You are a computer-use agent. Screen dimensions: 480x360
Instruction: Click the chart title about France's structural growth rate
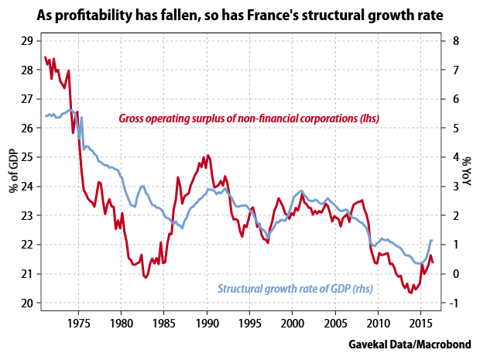click(x=240, y=15)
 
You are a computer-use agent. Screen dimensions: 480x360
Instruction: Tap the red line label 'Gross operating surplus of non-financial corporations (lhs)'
click(x=249, y=118)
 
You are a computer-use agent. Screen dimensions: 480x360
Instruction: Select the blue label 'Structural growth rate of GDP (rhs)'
click(x=295, y=289)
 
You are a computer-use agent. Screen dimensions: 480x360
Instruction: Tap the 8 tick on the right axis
click(x=456, y=41)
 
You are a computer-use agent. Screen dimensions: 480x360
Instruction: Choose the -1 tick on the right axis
click(x=454, y=303)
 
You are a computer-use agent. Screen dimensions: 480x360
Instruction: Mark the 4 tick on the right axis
click(x=456, y=157)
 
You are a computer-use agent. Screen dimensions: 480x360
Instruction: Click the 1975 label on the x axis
click(x=79, y=324)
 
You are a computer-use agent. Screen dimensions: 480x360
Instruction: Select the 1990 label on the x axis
click(x=207, y=324)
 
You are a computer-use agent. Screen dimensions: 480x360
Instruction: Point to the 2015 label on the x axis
click(x=420, y=324)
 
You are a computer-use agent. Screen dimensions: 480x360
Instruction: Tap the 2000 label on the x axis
click(x=293, y=324)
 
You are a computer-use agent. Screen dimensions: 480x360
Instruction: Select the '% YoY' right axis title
click(x=467, y=171)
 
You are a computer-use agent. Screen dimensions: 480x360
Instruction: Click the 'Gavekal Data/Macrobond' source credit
click(x=410, y=344)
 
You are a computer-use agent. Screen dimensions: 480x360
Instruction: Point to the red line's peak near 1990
click(x=207, y=155)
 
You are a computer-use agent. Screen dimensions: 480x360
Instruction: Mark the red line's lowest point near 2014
click(x=411, y=293)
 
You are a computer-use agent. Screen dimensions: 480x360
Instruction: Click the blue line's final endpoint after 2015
click(x=432, y=240)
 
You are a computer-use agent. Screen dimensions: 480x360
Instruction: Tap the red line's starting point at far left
click(x=46, y=57)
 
